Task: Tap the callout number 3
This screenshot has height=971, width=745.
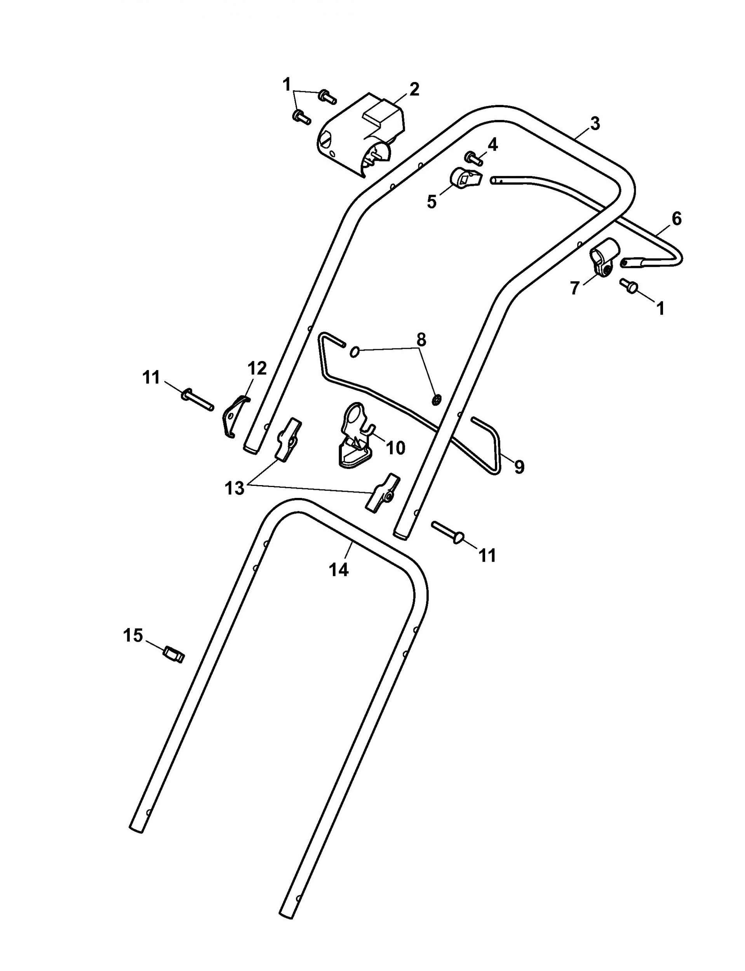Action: coord(595,124)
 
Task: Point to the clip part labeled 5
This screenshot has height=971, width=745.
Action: coord(465,178)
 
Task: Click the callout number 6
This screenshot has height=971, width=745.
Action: coord(677,219)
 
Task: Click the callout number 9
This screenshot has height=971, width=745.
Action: coord(519,466)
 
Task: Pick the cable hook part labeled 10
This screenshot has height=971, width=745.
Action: coord(355,435)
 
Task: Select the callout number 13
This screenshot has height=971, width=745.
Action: coord(235,488)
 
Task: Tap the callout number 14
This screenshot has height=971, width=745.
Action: coord(339,570)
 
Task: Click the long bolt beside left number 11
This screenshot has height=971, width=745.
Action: coord(197,398)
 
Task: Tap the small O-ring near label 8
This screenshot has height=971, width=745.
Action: coord(354,352)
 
